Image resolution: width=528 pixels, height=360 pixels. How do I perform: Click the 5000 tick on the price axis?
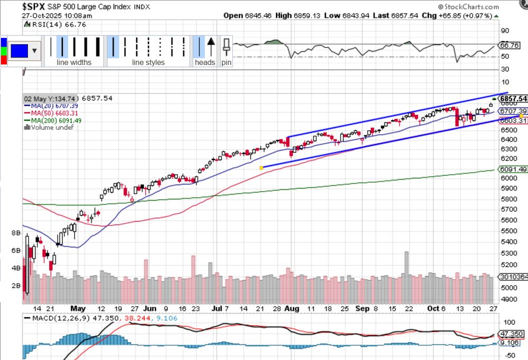point(510,288)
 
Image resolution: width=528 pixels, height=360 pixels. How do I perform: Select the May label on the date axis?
point(78,308)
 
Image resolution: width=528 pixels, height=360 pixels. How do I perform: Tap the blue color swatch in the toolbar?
point(19,51)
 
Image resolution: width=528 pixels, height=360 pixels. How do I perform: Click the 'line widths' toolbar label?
point(74,62)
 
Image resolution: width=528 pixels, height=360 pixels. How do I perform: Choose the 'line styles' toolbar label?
point(148,62)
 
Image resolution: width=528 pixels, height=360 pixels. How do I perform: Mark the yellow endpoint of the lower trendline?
point(261,168)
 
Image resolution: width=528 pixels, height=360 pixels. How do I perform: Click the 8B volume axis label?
point(15,232)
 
